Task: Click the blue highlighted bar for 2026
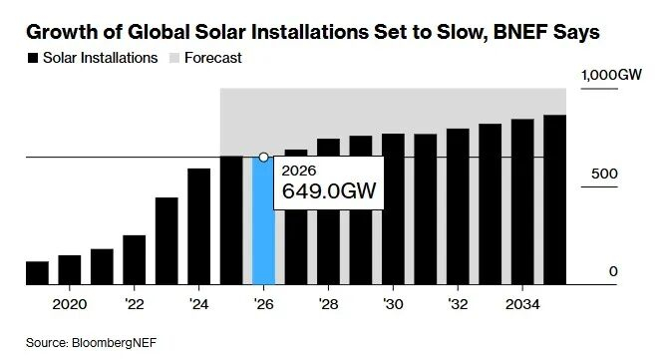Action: pyautogui.click(x=263, y=221)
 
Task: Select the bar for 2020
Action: pyautogui.click(x=70, y=270)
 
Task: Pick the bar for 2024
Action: pyautogui.click(x=199, y=226)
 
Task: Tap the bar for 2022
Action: pyautogui.click(x=135, y=260)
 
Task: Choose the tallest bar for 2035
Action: pyautogui.click(x=554, y=200)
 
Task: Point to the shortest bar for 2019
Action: pyautogui.click(x=37, y=273)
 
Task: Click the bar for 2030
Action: pyautogui.click(x=393, y=209)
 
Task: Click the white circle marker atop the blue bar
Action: pyautogui.click(x=263, y=157)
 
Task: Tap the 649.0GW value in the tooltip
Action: pyautogui.click(x=329, y=191)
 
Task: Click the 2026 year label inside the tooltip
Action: pyautogui.click(x=299, y=171)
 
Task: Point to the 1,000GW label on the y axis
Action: pyautogui.click(x=611, y=75)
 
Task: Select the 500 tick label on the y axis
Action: pyautogui.click(x=604, y=174)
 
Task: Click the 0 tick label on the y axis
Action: pyautogui.click(x=613, y=271)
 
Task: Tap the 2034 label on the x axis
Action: pyautogui.click(x=522, y=304)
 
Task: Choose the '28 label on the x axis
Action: pyautogui.click(x=328, y=304)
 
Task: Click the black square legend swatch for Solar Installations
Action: pyautogui.click(x=33, y=58)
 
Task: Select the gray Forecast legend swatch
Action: pyautogui.click(x=174, y=58)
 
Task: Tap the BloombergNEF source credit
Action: pyautogui.click(x=114, y=342)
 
